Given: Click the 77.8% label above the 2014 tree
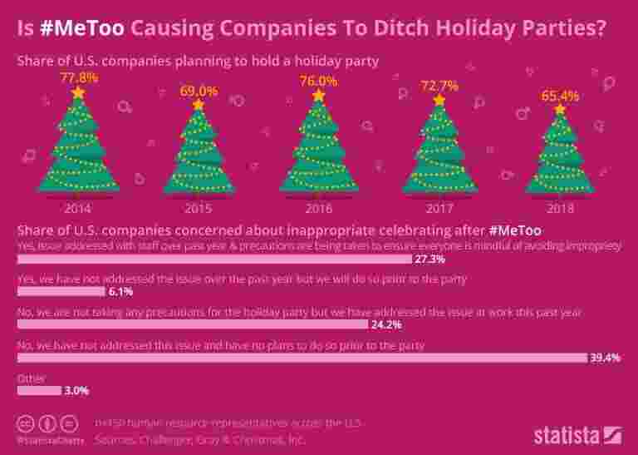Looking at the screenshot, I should point(79,77).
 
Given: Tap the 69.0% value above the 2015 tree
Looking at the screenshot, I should point(199,91).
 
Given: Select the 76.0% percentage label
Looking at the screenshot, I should point(319,82).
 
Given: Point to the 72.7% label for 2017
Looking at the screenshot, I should point(439,86).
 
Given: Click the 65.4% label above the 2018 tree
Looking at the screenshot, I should point(560,96).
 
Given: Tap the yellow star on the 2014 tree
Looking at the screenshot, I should point(79,92).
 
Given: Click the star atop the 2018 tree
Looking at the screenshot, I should point(560,109).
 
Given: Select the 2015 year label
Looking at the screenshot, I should point(199,208).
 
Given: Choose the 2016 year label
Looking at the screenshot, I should point(319,208).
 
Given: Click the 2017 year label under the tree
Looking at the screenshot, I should point(439,208).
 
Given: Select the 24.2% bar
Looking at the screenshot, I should point(192,324).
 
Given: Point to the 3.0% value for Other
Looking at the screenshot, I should point(76,390).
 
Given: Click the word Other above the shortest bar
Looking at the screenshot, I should point(30,378).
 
